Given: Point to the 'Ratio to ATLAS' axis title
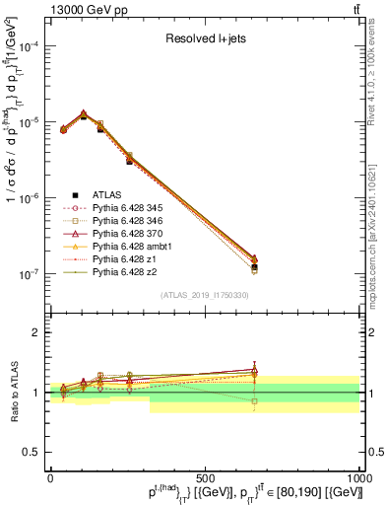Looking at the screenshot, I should tap(12, 392).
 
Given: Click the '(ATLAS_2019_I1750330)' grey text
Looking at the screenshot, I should tap(205, 295).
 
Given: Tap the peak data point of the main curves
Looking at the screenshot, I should tap(83, 113).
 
